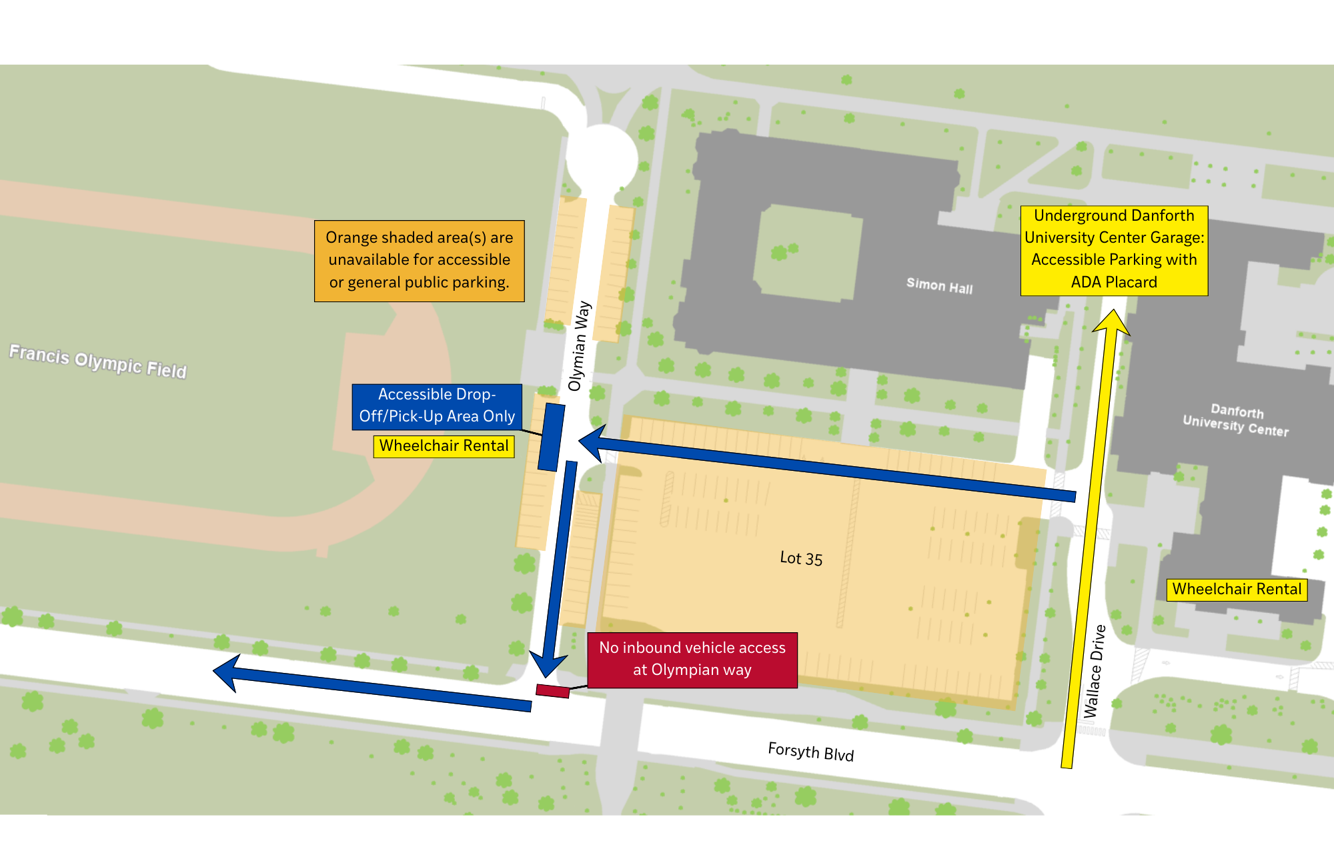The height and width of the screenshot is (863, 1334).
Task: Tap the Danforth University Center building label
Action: (1236, 420)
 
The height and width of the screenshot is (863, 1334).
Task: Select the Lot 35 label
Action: (801, 558)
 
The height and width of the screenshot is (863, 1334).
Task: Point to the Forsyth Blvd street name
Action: (810, 752)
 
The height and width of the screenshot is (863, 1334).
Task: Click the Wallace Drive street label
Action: (1095, 671)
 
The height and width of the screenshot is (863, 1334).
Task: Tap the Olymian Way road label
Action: (578, 345)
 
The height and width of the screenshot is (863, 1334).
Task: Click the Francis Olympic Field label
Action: (98, 361)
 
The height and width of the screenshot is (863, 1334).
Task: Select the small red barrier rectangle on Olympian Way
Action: (553, 691)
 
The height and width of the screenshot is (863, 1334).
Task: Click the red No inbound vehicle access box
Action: (692, 660)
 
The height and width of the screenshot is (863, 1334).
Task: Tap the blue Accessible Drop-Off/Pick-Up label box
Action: (437, 406)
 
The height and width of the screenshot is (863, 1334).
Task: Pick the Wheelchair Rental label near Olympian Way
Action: (444, 446)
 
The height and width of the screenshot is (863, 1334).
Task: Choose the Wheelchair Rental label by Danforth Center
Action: (1237, 590)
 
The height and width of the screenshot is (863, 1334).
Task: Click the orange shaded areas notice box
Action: (419, 261)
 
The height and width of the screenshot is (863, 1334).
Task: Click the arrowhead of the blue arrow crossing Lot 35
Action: (592, 442)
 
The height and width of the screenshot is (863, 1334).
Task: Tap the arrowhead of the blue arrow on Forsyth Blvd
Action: (227, 672)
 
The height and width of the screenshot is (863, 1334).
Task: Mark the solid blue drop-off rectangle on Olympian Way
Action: (551, 437)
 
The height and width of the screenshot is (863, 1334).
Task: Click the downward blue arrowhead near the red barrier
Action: (548, 664)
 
